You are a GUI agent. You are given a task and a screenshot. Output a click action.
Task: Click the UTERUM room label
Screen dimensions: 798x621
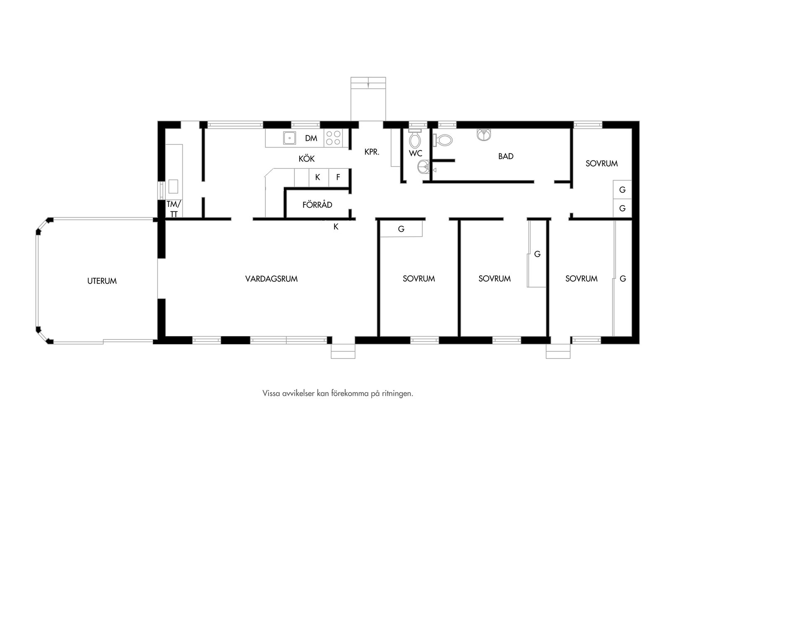click(102, 281)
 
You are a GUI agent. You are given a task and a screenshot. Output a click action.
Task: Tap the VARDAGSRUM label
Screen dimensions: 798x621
click(271, 279)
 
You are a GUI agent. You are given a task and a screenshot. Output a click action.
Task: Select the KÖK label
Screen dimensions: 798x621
click(307, 159)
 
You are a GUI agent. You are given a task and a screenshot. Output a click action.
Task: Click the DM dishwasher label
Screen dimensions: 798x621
click(311, 138)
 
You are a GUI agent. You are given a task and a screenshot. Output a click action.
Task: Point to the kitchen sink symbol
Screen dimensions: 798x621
click(289, 137)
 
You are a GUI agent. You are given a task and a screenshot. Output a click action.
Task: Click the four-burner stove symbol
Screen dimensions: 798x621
click(333, 138)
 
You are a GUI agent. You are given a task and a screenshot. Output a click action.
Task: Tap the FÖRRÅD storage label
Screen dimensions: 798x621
click(317, 204)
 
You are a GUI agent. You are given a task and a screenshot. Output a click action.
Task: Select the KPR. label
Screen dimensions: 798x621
click(372, 152)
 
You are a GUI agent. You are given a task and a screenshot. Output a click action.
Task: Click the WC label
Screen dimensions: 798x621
click(416, 154)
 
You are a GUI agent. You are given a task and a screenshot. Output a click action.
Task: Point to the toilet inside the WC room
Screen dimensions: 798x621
click(415, 139)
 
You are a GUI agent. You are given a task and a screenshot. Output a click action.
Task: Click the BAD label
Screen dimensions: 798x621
click(506, 156)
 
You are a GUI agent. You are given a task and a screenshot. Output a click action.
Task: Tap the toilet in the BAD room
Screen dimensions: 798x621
click(442, 140)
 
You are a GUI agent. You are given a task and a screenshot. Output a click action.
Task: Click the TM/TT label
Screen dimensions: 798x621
click(174, 209)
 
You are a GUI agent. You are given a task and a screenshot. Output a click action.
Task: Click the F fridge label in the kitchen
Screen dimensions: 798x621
click(338, 177)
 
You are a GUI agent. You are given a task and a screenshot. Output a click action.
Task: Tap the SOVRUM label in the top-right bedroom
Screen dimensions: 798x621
click(601, 164)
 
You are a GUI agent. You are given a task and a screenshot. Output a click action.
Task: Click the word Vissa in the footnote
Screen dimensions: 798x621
click(271, 393)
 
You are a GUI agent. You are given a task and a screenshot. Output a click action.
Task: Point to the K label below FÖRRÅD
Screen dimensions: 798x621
click(336, 227)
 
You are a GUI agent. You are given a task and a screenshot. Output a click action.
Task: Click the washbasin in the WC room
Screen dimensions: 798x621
click(424, 167)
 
